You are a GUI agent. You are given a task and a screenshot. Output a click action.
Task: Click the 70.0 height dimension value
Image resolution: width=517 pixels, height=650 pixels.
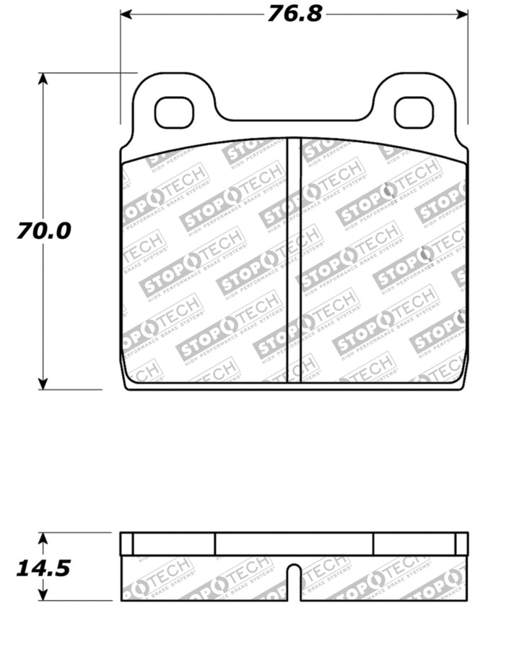[44, 231]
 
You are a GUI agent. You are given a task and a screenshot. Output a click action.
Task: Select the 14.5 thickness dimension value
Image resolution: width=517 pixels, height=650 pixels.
[44, 568]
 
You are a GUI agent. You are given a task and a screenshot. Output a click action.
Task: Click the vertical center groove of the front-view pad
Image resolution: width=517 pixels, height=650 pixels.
[293, 260]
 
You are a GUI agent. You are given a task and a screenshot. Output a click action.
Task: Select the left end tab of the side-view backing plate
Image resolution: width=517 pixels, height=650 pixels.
[127, 544]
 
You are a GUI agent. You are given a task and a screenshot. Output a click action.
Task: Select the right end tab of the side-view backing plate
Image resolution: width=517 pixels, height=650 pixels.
[461, 544]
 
